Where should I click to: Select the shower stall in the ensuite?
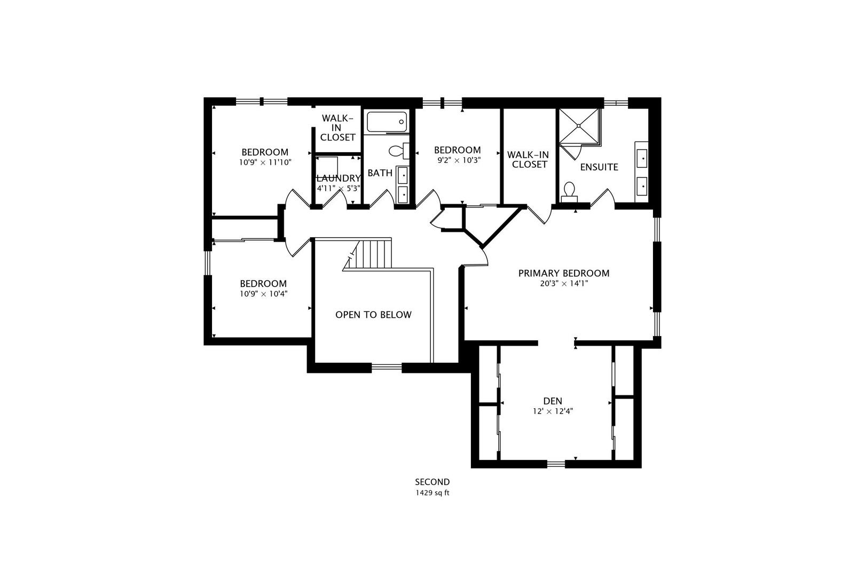coord(579,127)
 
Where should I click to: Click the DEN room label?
coord(552,401)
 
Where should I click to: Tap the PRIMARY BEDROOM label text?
coord(563,274)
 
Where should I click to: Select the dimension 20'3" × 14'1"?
coord(563,284)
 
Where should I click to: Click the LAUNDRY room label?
coord(339,178)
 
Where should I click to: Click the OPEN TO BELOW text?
coord(373,315)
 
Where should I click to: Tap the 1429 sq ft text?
coord(432,493)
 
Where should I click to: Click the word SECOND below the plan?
coord(432,482)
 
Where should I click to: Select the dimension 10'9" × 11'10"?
coord(265,162)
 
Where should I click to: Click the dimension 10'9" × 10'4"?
coord(263,294)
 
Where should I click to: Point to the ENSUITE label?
coord(599,167)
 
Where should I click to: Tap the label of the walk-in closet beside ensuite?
coord(529,159)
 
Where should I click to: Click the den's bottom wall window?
coord(556,464)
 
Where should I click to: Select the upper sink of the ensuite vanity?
coord(642,159)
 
